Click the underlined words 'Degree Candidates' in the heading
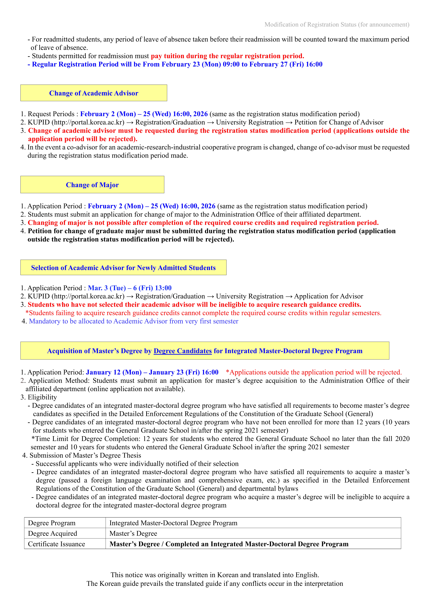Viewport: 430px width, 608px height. [x=183, y=351]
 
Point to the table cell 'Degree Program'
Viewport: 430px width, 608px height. [x=52, y=523]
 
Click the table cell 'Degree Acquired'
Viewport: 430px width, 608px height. [x=52, y=533]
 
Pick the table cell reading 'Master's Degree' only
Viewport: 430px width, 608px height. [x=133, y=533]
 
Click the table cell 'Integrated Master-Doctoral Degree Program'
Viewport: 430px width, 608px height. [x=173, y=523]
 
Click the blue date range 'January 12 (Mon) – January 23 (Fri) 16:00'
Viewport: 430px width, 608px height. [x=152, y=372]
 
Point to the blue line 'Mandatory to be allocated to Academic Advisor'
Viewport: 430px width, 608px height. [x=134, y=321]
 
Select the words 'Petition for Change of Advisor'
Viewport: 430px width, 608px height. [x=339, y=122]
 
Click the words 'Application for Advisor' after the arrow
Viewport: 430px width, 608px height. [x=329, y=296]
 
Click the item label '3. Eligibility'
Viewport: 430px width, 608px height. [x=39, y=397]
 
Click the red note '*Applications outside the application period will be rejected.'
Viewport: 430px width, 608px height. [x=314, y=372]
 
